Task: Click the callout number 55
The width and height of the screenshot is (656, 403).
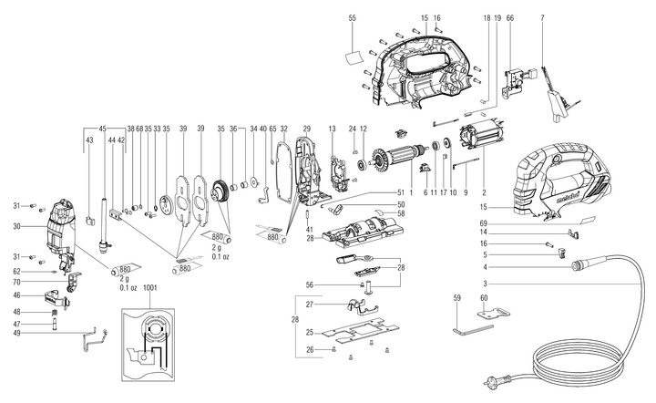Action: [353, 18]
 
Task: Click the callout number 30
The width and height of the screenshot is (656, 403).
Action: [16, 226]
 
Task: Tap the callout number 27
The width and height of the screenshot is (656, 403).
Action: [311, 304]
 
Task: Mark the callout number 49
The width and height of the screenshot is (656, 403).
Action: [16, 335]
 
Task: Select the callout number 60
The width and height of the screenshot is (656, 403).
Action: [484, 297]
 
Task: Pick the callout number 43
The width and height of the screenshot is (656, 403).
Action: [88, 141]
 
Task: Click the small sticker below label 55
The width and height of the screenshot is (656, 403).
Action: [354, 57]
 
